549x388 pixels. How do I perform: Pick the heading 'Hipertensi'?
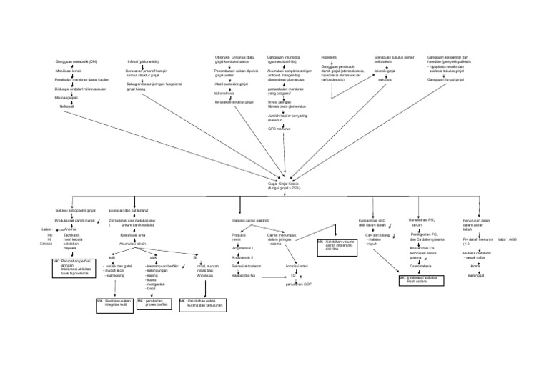330,56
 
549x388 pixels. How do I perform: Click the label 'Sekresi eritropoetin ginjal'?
75,211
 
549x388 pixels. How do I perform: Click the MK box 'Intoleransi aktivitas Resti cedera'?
420,279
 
